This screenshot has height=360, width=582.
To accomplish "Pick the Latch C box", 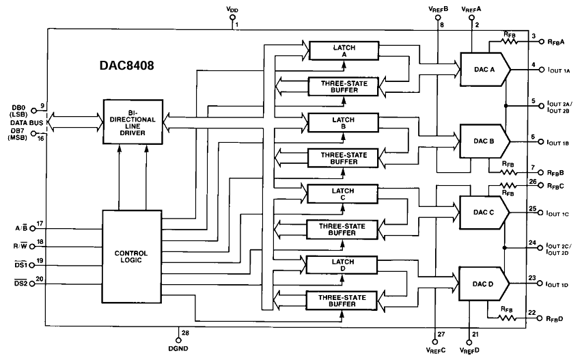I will pyautogui.click(x=342, y=193).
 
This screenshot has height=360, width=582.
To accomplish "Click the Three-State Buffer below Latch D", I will pyautogui.click(x=342, y=301).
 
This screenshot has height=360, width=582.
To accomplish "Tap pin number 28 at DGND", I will pyautogui.click(x=184, y=333).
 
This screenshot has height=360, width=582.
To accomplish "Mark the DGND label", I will pyautogui.click(x=178, y=347).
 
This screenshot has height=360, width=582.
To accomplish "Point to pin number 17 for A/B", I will pyautogui.click(x=40, y=223).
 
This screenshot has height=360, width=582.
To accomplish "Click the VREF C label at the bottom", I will pyautogui.click(x=434, y=350).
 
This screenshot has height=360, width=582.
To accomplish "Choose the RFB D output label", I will pyautogui.click(x=555, y=319).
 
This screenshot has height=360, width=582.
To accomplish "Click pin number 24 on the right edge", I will pyautogui.click(x=532, y=241).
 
